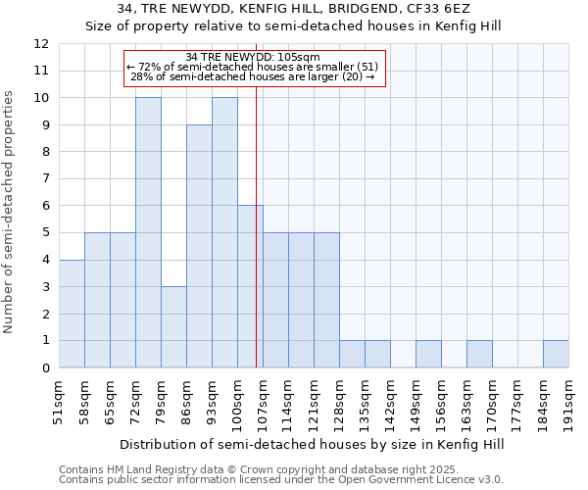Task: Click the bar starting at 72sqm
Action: coord(148,232)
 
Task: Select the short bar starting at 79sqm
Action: coord(173,326)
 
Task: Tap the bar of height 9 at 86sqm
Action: coord(199,246)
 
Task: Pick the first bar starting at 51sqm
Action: coord(72,314)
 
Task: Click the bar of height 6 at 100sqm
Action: coord(250,286)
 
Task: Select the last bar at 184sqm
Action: coord(556,354)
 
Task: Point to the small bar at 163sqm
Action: coord(479,354)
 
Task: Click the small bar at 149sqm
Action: coord(428,354)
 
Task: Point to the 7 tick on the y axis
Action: coord(45,179)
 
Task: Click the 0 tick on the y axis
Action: coord(45,368)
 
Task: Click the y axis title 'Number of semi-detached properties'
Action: coord(10,211)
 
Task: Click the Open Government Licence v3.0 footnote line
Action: coord(281,480)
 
